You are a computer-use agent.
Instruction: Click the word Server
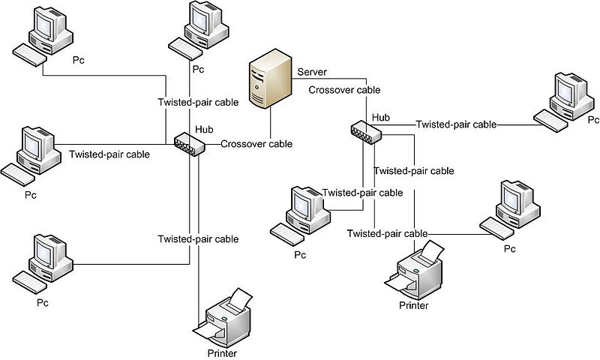(x=312, y=72)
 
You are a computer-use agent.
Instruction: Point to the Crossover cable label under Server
(x=344, y=90)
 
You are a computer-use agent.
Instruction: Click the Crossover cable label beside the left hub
(x=256, y=144)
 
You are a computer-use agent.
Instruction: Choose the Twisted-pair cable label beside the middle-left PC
(x=109, y=154)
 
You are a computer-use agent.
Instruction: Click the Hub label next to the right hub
(x=380, y=117)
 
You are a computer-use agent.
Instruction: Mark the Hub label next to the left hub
(x=204, y=129)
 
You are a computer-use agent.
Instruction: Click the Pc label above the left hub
(x=198, y=70)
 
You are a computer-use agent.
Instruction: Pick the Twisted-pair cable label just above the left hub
(x=198, y=102)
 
